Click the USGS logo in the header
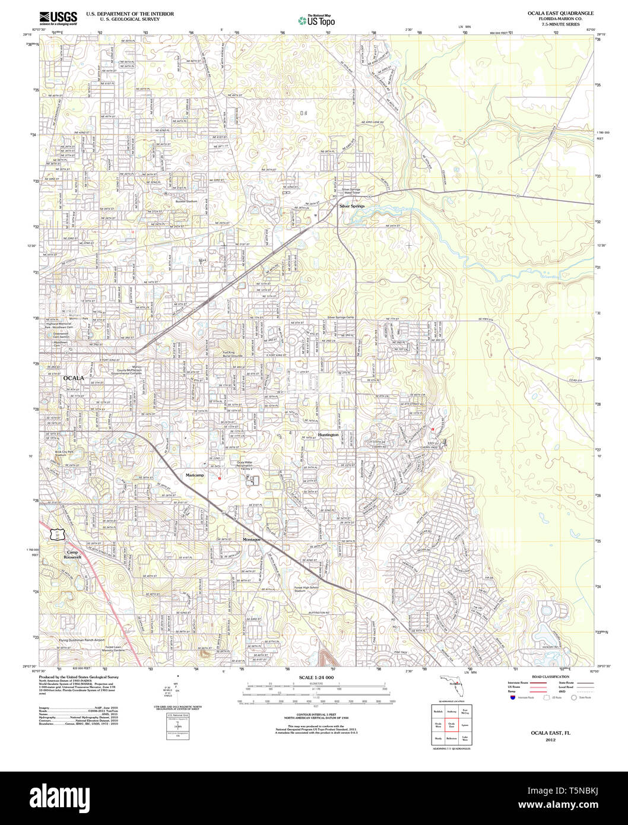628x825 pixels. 58,18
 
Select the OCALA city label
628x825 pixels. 73,377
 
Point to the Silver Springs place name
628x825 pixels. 351,206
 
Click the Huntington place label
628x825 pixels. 328,434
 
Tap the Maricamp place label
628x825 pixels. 195,475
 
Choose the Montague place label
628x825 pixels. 252,540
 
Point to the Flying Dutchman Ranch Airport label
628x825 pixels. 81,640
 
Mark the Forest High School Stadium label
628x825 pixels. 306,589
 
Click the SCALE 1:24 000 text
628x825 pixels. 316,678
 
